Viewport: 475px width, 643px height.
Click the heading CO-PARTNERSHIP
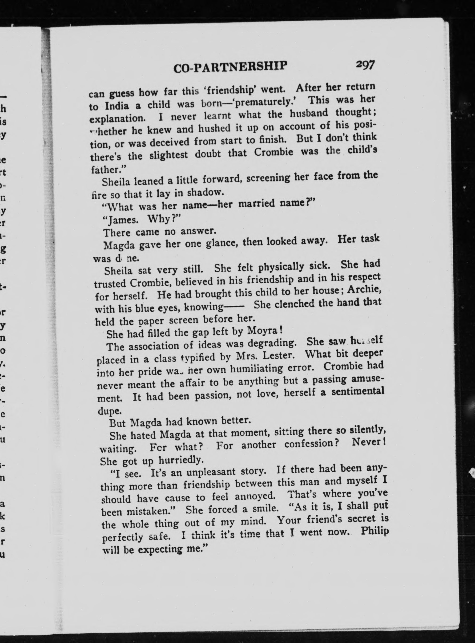click(230, 67)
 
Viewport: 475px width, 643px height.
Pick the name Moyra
click(264, 331)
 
